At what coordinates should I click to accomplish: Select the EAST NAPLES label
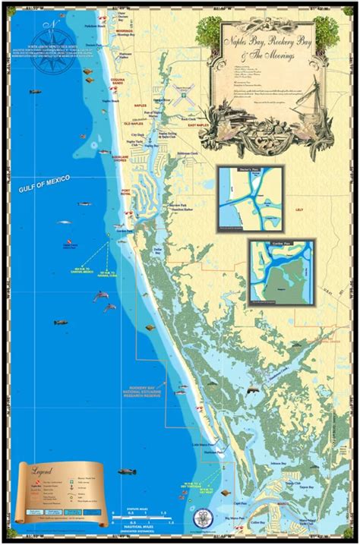click(x=209, y=124)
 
